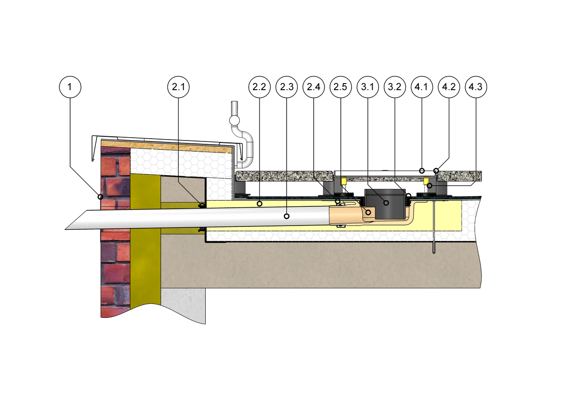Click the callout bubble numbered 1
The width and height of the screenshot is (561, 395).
[70, 87]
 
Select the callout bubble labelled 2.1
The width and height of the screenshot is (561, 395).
[179, 87]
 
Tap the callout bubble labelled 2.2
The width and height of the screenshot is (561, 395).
[259, 87]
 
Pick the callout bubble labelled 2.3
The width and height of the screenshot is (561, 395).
[287, 87]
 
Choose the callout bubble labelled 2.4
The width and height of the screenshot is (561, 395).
[313, 87]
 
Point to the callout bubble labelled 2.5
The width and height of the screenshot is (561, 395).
[340, 87]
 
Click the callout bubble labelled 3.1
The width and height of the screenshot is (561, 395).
[367, 87]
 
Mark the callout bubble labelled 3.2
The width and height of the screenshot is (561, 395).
[394, 87]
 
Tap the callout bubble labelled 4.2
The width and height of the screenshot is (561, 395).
[448, 87]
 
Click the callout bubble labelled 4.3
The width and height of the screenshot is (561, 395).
[476, 87]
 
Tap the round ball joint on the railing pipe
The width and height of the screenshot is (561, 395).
[234, 121]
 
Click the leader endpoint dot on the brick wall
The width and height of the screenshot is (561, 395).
[100, 197]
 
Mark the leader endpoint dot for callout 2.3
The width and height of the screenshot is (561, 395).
[287, 216]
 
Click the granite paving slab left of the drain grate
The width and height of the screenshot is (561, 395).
[280, 176]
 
